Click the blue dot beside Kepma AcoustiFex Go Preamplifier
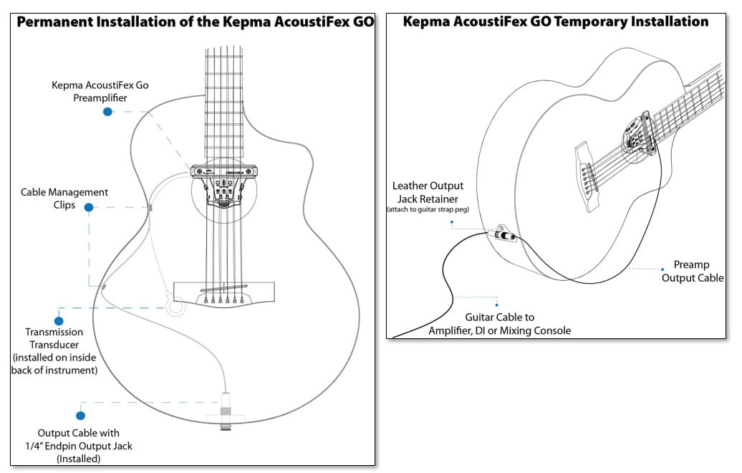(107, 112)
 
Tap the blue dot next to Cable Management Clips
(89, 207)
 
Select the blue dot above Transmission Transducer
(59, 321)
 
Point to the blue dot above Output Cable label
(80, 415)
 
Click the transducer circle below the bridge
(175, 307)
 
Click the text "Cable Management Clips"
(64, 199)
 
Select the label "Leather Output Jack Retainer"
(428, 192)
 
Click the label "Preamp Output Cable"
(692, 271)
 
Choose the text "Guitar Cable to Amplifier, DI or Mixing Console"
(499, 323)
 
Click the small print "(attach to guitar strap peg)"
(428, 209)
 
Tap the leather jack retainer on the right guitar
(501, 236)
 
